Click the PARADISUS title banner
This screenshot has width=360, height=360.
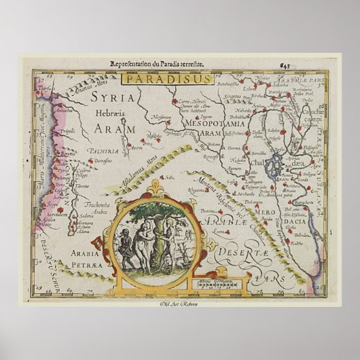[158, 78]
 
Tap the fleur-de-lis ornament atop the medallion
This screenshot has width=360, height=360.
[157, 185]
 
